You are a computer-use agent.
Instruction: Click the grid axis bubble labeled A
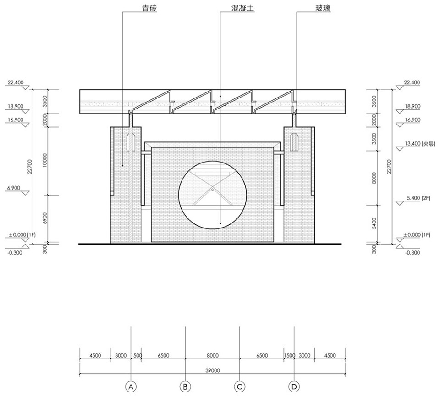coord(131,387)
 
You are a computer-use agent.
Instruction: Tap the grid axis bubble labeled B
coord(185,387)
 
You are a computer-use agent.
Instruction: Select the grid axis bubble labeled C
coord(240,387)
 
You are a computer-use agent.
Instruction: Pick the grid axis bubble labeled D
coord(294,387)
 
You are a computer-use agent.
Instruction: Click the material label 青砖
coord(149,8)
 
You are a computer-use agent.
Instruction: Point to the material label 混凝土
coord(242,8)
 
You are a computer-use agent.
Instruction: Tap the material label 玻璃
coord(323,8)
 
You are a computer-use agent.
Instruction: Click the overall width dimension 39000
coord(212,370)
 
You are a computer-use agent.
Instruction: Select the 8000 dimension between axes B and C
coord(212,355)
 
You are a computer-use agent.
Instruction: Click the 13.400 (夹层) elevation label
coord(419,143)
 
